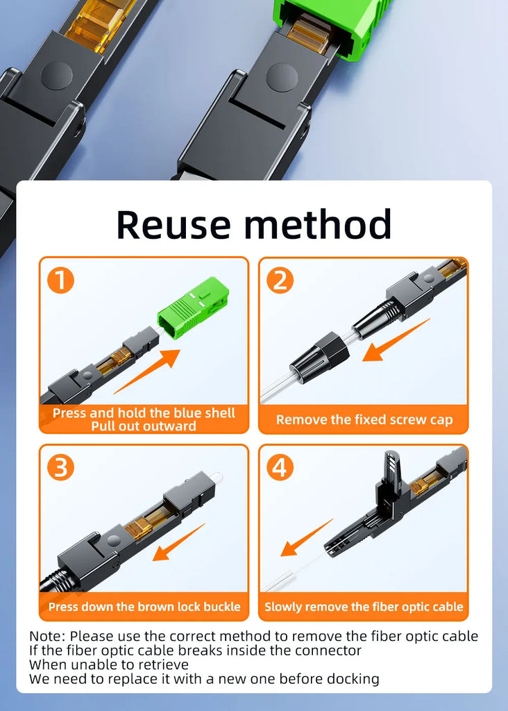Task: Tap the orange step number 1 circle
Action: tap(61, 281)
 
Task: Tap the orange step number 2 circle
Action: tap(280, 281)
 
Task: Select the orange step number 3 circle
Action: tap(61, 467)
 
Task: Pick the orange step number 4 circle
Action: tap(280, 467)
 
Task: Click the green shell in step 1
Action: tap(193, 308)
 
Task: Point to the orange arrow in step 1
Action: tap(147, 371)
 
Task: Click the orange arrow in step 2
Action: tap(396, 340)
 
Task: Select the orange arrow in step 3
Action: tap(178, 542)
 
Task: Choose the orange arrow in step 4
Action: tap(306, 538)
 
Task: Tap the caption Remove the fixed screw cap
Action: tap(364, 420)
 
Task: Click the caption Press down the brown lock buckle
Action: tap(144, 607)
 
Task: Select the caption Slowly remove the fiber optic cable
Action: tap(364, 607)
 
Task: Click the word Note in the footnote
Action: tap(47, 636)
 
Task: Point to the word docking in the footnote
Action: tap(353, 679)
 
